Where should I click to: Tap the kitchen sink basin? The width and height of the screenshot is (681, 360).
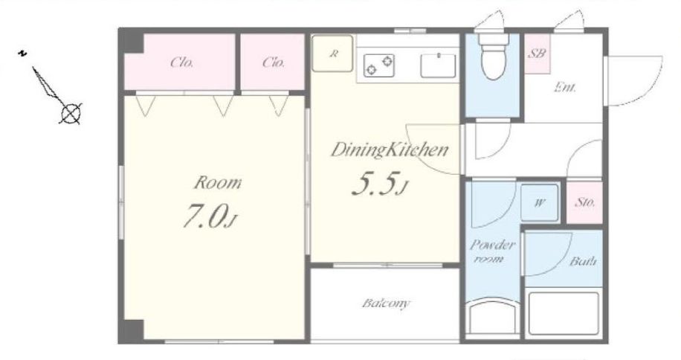(x=438, y=65)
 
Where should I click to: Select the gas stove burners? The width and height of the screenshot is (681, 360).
(x=378, y=65)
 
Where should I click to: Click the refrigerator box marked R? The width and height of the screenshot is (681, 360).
(x=332, y=54)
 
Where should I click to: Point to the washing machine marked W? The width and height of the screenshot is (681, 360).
(x=540, y=203)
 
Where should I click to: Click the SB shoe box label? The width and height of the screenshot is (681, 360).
(x=537, y=54)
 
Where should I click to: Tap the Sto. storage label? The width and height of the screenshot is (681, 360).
(x=585, y=202)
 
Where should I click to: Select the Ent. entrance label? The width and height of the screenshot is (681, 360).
(x=565, y=87)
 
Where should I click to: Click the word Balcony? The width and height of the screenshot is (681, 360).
(x=386, y=303)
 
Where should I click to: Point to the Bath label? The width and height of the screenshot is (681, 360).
(x=583, y=261)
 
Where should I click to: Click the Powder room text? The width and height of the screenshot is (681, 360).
(x=491, y=251)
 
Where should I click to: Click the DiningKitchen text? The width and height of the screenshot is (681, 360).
(x=390, y=150)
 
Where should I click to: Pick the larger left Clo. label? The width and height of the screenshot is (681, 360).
(x=181, y=62)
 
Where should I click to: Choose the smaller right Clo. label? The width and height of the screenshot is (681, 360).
(x=273, y=62)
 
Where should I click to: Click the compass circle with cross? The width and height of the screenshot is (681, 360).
(x=71, y=114)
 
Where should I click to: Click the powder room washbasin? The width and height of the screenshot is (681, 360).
(x=492, y=318)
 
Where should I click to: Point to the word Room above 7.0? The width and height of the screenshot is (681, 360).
(x=217, y=183)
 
